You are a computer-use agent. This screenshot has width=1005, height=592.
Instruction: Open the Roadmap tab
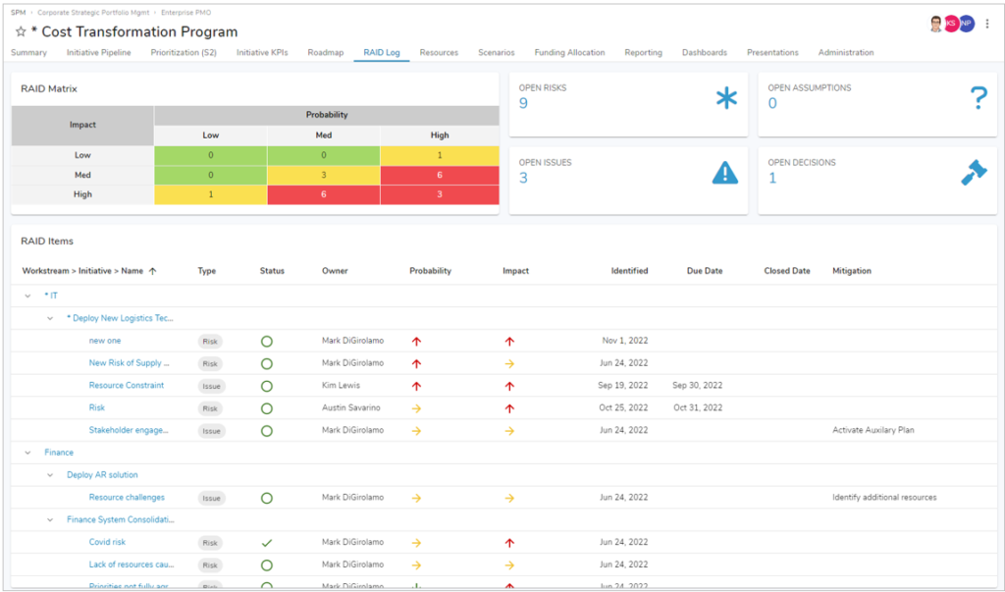pyautogui.click(x=325, y=52)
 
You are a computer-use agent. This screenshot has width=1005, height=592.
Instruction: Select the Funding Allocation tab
pyautogui.click(x=569, y=52)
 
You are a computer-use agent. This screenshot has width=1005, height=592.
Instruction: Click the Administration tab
pyautogui.click(x=845, y=52)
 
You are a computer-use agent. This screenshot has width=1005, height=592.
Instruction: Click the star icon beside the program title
pyautogui.click(x=21, y=31)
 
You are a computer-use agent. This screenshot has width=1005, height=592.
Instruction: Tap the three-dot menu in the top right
pyautogui.click(x=987, y=24)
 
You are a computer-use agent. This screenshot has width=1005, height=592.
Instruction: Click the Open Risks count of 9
pyautogui.click(x=523, y=103)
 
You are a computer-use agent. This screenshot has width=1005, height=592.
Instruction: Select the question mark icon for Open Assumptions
pyautogui.click(x=978, y=98)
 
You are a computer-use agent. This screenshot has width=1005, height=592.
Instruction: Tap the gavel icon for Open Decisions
pyautogui.click(x=974, y=173)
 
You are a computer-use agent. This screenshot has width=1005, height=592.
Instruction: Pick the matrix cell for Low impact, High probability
pyautogui.click(x=440, y=155)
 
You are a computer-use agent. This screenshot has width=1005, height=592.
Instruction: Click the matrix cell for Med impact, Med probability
pyautogui.click(x=323, y=175)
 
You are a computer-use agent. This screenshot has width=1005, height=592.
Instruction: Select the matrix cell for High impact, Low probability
pyautogui.click(x=210, y=194)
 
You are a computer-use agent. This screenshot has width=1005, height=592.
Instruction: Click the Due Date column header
pyautogui.click(x=705, y=271)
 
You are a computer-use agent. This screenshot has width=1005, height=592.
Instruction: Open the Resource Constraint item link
pyautogui.click(x=127, y=386)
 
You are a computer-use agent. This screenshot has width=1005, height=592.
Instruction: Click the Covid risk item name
pyautogui.click(x=107, y=542)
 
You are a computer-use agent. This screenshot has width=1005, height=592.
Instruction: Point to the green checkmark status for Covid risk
pyautogui.click(x=266, y=542)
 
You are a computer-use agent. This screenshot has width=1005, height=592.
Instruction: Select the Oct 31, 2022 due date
pyautogui.click(x=698, y=407)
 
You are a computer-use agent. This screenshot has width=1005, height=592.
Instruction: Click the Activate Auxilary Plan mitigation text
pyautogui.click(x=873, y=430)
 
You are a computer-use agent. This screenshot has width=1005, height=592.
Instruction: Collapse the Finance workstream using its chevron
pyautogui.click(x=28, y=453)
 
